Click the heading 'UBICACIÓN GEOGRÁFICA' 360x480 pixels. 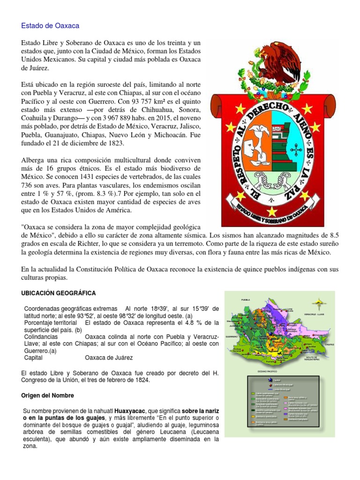(59, 293)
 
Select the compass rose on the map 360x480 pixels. (319, 303)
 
